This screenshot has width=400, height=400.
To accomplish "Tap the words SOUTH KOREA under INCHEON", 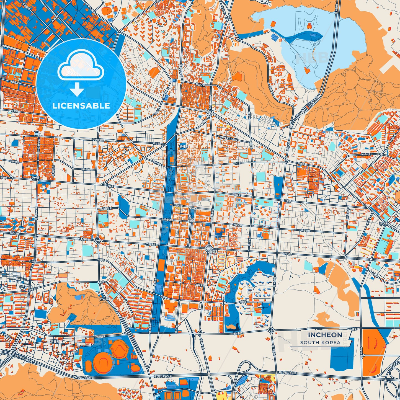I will point(320,342).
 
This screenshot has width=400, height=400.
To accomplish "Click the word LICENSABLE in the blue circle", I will point(81,106).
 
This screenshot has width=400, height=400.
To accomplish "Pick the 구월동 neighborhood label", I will point(211,251).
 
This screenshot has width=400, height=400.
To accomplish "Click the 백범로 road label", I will point(301,164).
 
